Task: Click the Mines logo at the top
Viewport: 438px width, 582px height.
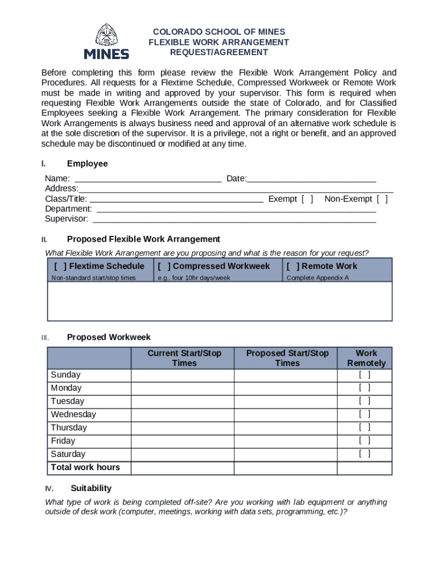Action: [x=106, y=41]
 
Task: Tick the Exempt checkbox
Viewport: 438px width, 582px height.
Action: [x=307, y=199]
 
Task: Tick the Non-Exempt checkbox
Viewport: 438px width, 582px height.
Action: [x=382, y=199]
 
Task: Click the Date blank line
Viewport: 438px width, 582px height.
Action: [x=312, y=179]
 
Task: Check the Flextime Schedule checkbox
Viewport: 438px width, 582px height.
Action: [x=60, y=266]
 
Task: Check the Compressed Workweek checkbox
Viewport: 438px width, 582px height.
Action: [x=164, y=266]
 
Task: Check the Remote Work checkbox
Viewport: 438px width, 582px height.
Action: [x=293, y=266]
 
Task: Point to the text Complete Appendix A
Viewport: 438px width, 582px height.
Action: [x=317, y=278]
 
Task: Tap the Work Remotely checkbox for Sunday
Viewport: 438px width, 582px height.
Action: [x=365, y=375]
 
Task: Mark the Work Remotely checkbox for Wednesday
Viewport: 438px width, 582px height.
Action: [x=365, y=414]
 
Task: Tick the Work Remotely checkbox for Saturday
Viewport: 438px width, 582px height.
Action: [x=365, y=454]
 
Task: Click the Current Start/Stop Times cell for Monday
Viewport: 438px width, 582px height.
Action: [x=183, y=388]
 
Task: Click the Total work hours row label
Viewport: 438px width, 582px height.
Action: [x=85, y=467]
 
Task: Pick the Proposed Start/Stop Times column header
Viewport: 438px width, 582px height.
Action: [x=287, y=358]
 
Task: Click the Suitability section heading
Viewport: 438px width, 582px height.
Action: [x=91, y=488]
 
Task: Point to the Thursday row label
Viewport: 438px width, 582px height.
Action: [x=69, y=427]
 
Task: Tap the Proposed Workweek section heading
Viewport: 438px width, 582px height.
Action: [x=109, y=337]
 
